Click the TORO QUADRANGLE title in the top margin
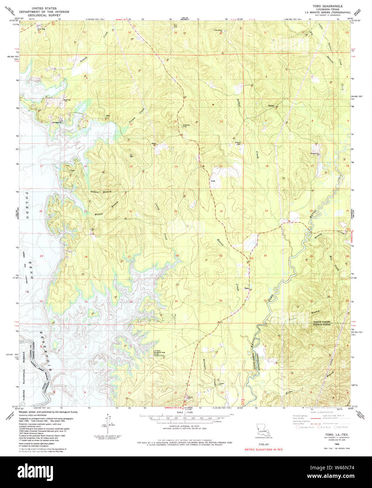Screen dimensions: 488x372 coord(325,6)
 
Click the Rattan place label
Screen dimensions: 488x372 coord(271,105)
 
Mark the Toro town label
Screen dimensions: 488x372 coord(247,289)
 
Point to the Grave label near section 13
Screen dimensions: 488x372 coord(213,181)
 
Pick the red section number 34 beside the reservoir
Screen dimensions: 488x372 coord(131,302)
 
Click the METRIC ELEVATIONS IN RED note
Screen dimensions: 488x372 coord(263,449)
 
